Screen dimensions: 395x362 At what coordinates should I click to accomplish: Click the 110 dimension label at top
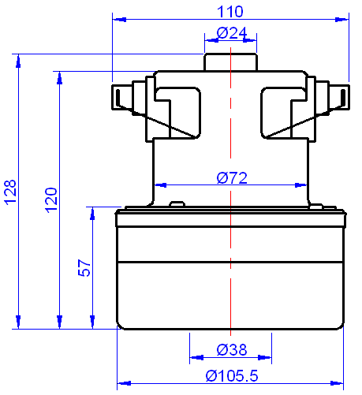pos(230,12)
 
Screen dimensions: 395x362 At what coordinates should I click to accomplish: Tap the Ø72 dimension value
pos(231,178)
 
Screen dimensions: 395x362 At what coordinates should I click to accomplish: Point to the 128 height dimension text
pos(10,192)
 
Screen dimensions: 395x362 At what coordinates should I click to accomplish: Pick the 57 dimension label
pos(84,268)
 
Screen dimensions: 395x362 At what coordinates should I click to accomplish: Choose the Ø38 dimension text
pos(231,349)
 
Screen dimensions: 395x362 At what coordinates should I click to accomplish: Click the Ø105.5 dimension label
pos(232,376)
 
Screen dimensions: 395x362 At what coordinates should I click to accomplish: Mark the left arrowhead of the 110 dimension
pos(118,18)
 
